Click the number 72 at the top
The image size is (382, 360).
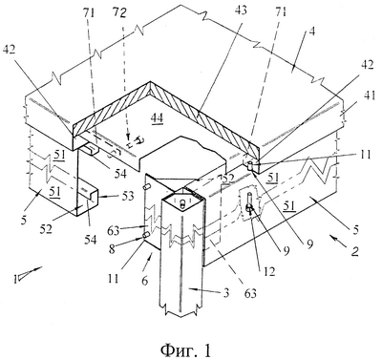point(119,13)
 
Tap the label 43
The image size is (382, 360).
point(240,11)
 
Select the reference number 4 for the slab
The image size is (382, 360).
point(312,32)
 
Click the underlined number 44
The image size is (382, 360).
point(157,117)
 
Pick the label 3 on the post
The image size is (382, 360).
point(225,292)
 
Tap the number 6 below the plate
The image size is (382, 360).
point(145,281)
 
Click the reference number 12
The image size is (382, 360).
point(269,271)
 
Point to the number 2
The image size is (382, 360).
point(354,251)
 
